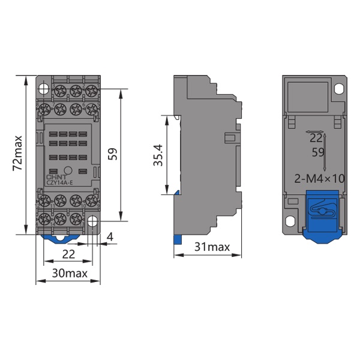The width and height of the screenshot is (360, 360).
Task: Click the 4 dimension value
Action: (109, 237)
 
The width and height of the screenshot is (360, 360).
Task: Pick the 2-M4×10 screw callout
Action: (320, 178)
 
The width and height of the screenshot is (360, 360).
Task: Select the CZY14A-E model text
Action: (59, 182)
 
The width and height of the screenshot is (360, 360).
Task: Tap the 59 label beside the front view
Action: (112, 154)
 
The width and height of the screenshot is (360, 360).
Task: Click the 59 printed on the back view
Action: (318, 152)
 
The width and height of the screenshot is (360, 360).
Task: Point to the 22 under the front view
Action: (68, 254)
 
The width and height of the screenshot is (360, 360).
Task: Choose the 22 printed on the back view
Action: (316, 138)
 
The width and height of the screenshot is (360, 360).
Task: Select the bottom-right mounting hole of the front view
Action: (92, 222)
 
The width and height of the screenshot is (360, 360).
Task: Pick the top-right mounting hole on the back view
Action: (340, 88)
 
